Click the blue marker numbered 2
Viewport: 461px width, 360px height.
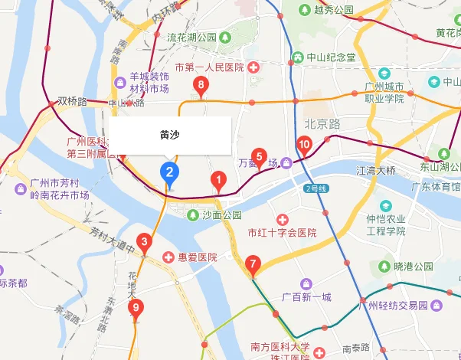pyautogui.click(x=169, y=174)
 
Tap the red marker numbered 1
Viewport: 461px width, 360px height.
pyautogui.click(x=217, y=182)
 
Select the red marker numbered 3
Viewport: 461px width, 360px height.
pyautogui.click(x=143, y=243)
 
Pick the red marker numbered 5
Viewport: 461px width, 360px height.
pyautogui.click(x=259, y=158)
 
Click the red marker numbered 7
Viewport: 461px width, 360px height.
pyautogui.click(x=253, y=266)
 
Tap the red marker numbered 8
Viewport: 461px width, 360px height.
pyautogui.click(x=201, y=86)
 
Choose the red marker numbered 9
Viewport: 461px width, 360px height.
pyautogui.click(x=136, y=309)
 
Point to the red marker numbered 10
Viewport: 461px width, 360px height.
pyautogui.click(x=303, y=145)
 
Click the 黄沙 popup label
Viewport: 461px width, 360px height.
pyautogui.click(x=170, y=134)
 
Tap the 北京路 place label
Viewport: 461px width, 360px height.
pyautogui.click(x=322, y=123)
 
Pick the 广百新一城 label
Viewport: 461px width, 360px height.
pyautogui.click(x=306, y=297)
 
